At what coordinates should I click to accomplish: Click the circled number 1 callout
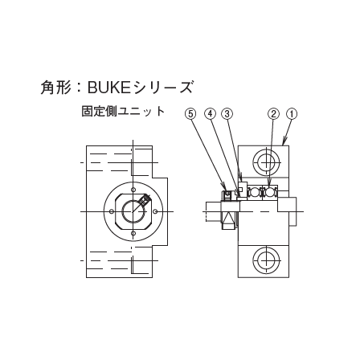pos(292,114)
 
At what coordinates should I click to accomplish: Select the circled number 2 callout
pos(273,114)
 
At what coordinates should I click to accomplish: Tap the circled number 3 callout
pos(227,114)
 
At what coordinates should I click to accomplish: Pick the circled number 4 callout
pos(210,114)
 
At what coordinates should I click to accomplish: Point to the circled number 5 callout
pos(190,114)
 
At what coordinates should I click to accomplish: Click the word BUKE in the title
pos(109,88)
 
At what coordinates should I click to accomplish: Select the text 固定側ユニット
pos(123,111)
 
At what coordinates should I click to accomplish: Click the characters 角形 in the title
pos(55,88)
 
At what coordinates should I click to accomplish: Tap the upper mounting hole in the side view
pos(267,162)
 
